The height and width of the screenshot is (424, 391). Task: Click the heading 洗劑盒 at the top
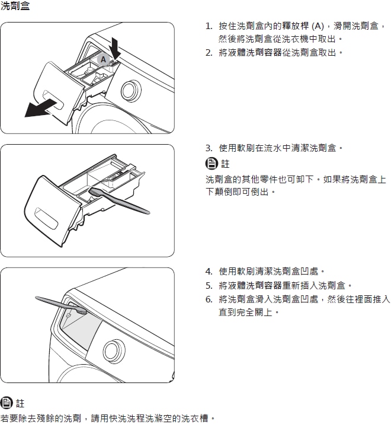15,7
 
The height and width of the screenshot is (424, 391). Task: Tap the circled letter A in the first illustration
102,59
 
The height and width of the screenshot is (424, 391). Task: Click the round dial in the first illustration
130,91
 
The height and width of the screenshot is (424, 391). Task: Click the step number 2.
209,53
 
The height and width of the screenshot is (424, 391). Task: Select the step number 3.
209,148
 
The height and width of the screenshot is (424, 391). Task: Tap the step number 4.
209,272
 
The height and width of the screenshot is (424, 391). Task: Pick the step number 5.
209,285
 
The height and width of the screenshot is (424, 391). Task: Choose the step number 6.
209,299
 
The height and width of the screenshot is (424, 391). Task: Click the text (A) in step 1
318,26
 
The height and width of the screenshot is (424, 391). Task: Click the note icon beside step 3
211,164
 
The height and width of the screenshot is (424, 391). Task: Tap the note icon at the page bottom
7,403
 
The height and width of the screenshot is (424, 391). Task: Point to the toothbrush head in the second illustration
97,192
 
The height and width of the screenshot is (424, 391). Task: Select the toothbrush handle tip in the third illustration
37,299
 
